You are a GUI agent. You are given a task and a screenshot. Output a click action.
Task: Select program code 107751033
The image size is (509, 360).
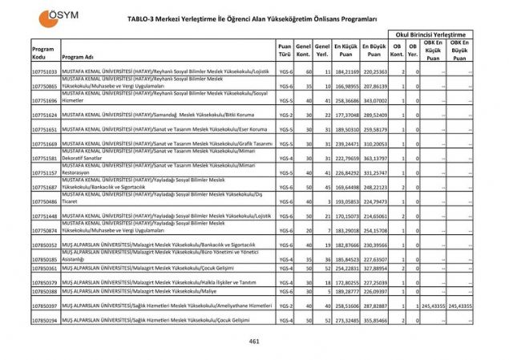coord(44,72)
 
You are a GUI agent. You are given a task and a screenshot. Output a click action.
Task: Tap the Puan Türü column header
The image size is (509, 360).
coord(285,51)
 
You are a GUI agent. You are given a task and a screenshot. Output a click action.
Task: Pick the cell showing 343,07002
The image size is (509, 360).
coord(374,101)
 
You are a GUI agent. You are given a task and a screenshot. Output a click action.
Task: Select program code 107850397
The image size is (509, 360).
coord(44,305)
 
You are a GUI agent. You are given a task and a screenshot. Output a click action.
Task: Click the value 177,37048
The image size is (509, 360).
coord(345,115)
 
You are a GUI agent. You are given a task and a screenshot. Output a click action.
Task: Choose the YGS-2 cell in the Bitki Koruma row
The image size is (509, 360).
coord(285,115)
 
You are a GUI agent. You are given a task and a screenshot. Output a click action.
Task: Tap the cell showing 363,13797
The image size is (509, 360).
coord(374,159)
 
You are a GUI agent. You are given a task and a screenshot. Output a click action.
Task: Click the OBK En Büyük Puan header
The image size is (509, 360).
coord(459,51)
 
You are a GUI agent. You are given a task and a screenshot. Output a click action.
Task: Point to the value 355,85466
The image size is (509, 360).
coord(374,320)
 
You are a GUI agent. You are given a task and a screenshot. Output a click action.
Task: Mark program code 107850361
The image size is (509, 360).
coord(44,269)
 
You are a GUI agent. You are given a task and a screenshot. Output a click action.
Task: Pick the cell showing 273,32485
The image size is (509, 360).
coord(345,320)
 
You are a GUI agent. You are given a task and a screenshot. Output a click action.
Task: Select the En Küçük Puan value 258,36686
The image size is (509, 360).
coord(345,101)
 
